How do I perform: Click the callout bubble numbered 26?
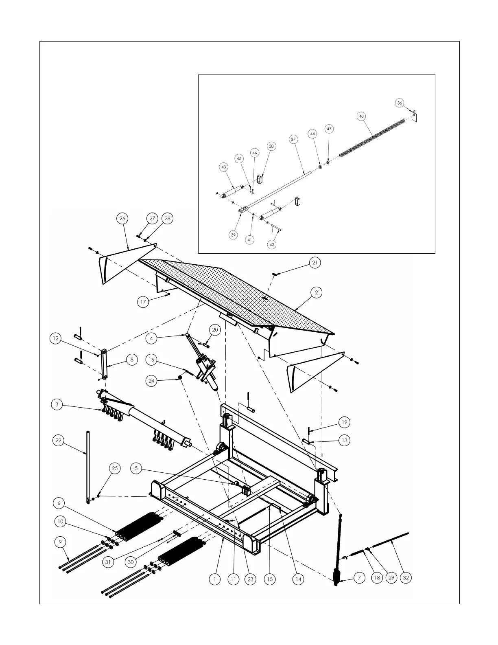pyautogui.click(x=122, y=219)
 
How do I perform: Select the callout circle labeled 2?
pyautogui.click(x=316, y=292)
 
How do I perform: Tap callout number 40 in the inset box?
pyautogui.click(x=361, y=116)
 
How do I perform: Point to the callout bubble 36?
pyautogui.click(x=400, y=103)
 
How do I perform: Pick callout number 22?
pyautogui.click(x=59, y=441)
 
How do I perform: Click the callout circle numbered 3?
pyautogui.click(x=57, y=404)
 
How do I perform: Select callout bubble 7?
pyautogui.click(x=359, y=578)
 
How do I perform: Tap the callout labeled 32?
pyautogui.click(x=405, y=578)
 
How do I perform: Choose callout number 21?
pyautogui.click(x=315, y=263)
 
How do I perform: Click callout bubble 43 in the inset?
pyautogui.click(x=224, y=167)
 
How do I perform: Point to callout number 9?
pyautogui.click(x=60, y=542)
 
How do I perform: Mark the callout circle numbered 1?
pyautogui.click(x=215, y=579)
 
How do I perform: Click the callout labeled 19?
pyautogui.click(x=344, y=422)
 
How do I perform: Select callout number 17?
pyautogui.click(x=143, y=302)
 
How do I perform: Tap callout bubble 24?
pyautogui.click(x=151, y=381)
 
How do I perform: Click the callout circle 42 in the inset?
pyautogui.click(x=272, y=244)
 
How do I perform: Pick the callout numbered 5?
pyautogui.click(x=136, y=469)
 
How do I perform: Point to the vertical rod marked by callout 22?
pyautogui.click(x=87, y=464)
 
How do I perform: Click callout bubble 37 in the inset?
pyautogui.click(x=293, y=139)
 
